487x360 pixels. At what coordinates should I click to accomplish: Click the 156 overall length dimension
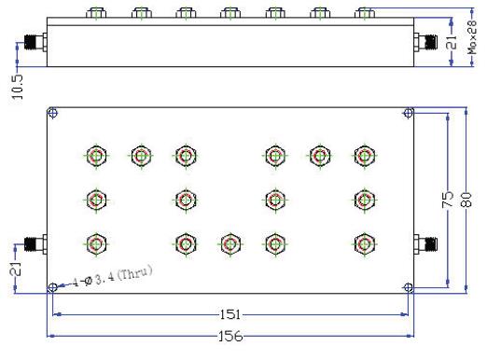tap(230, 336)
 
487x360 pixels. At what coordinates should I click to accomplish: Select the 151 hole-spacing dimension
tap(230, 314)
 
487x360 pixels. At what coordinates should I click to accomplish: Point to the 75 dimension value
tap(448, 200)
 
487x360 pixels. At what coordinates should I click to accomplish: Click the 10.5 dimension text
tap(18, 87)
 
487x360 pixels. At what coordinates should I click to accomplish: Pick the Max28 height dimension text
tap(472, 37)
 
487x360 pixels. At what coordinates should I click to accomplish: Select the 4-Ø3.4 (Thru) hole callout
tap(113, 277)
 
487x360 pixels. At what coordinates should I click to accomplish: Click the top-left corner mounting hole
tap(52, 113)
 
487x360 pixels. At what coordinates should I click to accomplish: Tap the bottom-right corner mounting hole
tap(409, 287)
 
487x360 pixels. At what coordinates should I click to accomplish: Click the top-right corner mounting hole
tap(409, 113)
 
